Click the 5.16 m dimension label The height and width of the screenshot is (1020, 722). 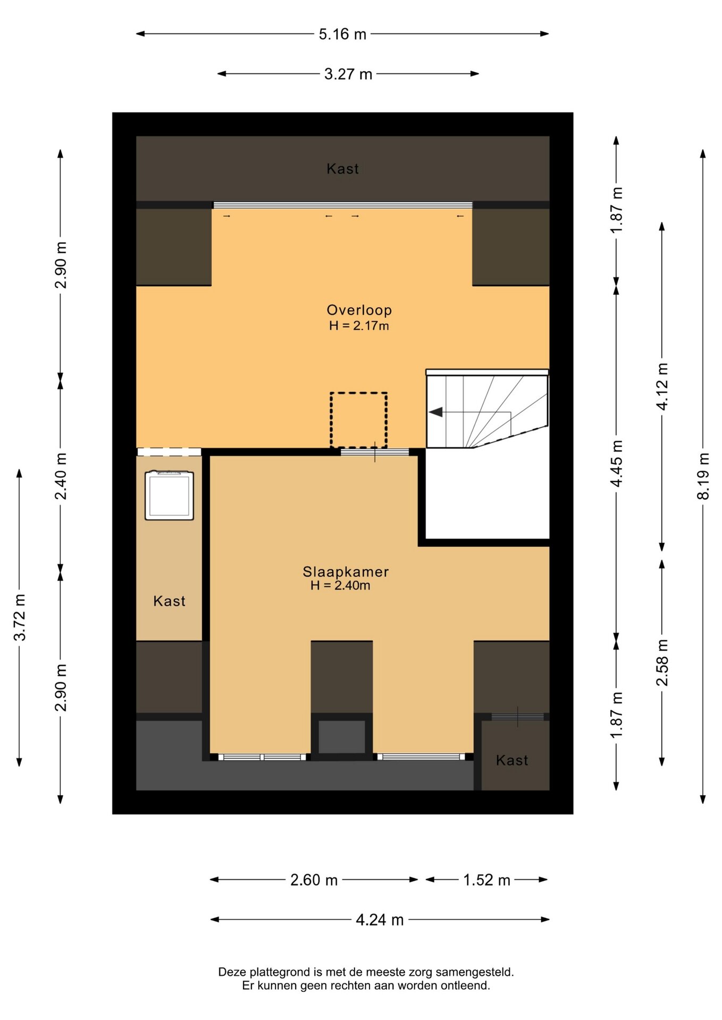point(342,34)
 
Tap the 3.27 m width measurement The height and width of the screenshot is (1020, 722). point(348,74)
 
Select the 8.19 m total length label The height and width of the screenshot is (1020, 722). point(703,476)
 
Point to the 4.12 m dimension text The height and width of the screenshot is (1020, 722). point(662,386)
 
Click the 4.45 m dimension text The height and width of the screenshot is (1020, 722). point(616,463)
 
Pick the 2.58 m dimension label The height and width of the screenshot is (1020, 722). point(662,662)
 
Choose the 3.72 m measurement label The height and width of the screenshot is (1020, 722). point(20,617)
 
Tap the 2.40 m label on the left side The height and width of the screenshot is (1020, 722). point(61,476)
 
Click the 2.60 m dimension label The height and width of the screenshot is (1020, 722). point(314,880)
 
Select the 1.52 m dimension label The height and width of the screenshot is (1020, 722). point(486,880)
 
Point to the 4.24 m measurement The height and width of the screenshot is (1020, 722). point(380,920)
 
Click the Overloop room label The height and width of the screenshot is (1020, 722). point(359,310)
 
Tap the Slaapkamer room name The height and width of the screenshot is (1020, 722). point(346,572)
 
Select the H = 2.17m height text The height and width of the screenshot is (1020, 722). point(359,326)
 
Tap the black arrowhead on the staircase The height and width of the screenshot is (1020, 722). point(436,412)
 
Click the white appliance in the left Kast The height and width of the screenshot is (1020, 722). point(169,495)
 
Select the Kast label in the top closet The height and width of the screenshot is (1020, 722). point(343,169)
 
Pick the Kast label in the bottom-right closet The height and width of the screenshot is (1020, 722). point(512,760)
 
